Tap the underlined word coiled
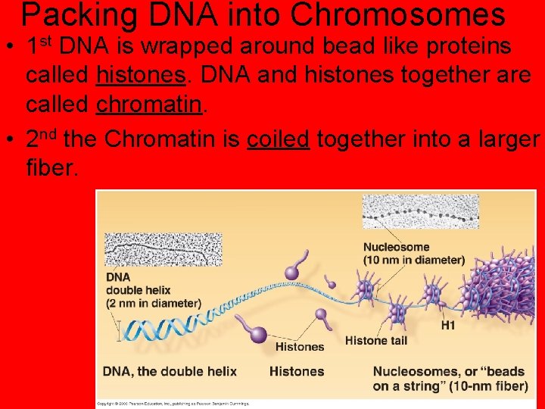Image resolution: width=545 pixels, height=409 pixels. tap(278, 139)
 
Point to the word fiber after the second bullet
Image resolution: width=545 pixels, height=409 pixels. tap(51, 167)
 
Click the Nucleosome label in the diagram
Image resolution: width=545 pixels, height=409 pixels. tap(396, 247)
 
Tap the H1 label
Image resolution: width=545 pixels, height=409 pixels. tap(448, 326)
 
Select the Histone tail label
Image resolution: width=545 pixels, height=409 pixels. tap(376, 341)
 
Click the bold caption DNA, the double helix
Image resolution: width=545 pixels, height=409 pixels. tap(170, 371)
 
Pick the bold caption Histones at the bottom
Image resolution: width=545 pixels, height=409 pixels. tap(297, 371)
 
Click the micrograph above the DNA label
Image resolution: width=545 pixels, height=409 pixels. tap(163, 249)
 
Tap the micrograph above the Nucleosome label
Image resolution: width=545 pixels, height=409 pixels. tap(420, 212)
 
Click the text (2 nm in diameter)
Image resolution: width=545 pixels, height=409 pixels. tap(154, 303)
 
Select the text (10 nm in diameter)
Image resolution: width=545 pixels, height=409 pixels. tap(414, 260)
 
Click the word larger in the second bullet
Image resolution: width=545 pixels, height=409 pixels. tap(500, 139)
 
